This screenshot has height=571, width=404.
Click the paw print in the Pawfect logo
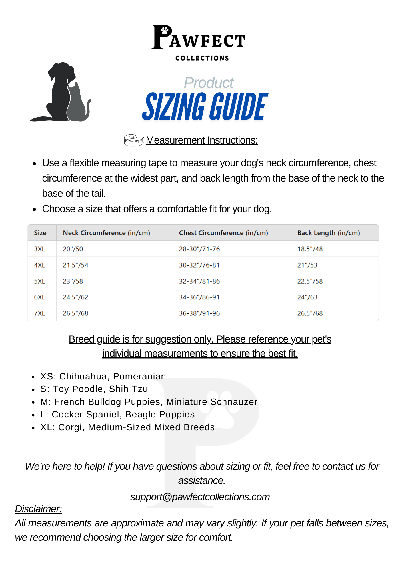pos(165,30)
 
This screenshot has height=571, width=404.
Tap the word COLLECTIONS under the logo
pos(202,58)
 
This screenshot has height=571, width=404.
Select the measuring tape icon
pos(134,140)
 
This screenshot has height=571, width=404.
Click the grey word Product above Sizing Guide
pos(209,83)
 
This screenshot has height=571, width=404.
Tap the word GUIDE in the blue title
pos(238,107)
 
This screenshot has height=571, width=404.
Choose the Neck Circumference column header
pos(106,233)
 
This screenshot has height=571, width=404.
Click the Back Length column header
pos(328,233)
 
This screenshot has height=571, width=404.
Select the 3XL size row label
pos(39,249)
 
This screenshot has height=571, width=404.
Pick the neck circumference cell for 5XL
pos(73,281)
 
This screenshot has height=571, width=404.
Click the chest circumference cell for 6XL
pos(199,297)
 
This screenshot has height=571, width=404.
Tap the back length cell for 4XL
pos(307,265)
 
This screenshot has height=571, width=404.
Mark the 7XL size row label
pos(39,313)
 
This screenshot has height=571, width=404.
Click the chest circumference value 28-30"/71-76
pos(199,249)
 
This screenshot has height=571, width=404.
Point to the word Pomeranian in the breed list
pos(139,376)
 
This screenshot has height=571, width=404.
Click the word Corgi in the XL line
pos(70,427)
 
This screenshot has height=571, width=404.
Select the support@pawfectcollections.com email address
pos(200,497)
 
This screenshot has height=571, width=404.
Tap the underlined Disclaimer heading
pos(38,509)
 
